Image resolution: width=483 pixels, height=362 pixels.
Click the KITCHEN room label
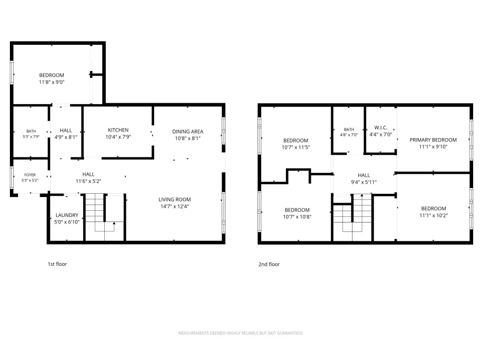118,130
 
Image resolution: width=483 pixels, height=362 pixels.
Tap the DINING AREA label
188,132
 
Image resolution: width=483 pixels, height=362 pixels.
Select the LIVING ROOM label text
175,199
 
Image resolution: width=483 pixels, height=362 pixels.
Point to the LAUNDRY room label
67,215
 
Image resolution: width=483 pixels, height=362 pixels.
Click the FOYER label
30,175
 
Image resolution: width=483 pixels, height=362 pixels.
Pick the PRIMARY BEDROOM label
433,140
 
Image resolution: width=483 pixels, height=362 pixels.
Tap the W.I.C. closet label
381,127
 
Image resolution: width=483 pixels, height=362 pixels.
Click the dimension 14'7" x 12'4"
175,206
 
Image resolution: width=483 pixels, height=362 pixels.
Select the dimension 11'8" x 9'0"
51,82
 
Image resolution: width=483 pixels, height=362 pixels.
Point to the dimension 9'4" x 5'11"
364,182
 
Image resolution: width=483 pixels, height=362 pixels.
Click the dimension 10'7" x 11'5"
296,147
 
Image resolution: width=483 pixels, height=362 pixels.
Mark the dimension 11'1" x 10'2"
433,215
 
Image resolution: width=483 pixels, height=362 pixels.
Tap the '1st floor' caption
57,264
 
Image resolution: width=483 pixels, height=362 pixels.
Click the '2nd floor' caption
269,264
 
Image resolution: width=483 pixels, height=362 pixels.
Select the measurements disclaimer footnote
241,333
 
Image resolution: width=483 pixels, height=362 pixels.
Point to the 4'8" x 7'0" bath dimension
349,135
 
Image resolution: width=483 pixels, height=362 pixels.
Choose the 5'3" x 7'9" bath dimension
31,136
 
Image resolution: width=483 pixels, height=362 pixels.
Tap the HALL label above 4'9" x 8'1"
66,131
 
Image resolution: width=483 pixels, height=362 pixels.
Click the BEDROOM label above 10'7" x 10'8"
297,210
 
